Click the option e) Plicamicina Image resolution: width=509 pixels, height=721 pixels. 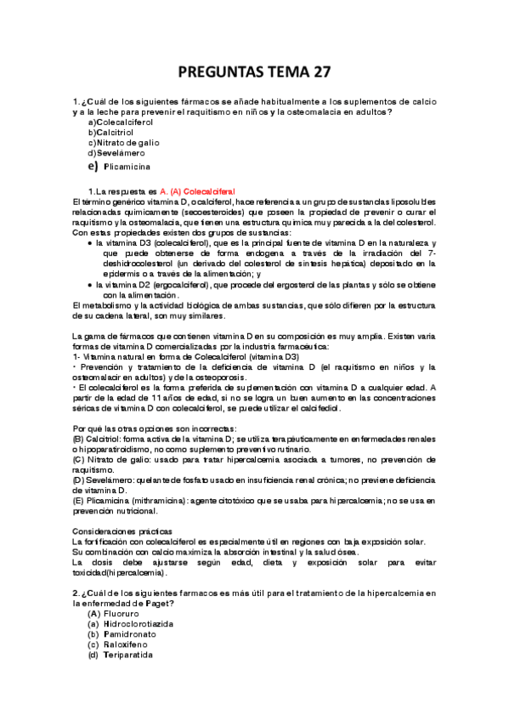click(119, 168)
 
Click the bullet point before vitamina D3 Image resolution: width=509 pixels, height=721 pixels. click(90, 243)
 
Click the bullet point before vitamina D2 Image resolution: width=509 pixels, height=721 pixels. click(90, 285)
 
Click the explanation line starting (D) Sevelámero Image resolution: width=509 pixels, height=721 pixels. click(255, 480)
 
